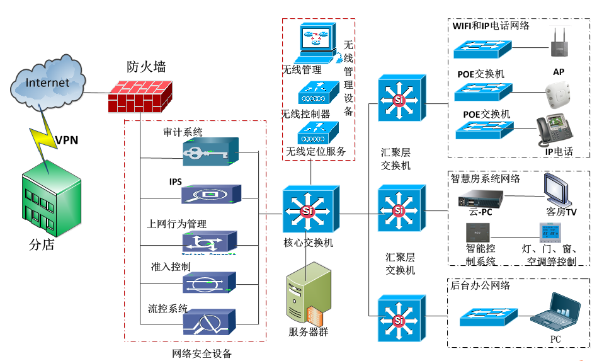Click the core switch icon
click(308, 210)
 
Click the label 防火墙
click(142, 66)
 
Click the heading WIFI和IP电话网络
click(491, 26)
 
